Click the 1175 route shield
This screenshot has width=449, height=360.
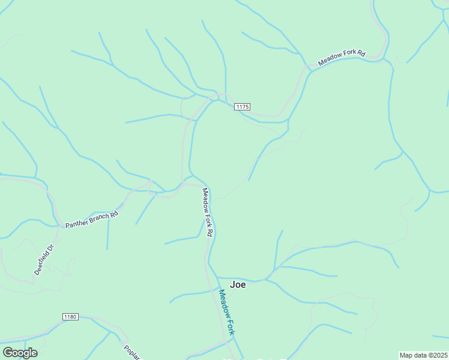(243, 107)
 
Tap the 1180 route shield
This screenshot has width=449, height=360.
(70, 316)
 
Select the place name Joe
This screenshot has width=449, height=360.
(238, 285)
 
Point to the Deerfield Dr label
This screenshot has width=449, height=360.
(44, 260)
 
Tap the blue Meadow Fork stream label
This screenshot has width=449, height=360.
(226, 312)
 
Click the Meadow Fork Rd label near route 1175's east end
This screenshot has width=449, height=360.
(342, 58)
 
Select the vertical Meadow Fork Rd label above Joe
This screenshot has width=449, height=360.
(208, 212)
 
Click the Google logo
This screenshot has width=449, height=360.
(20, 353)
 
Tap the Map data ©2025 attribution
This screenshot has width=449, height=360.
(423, 355)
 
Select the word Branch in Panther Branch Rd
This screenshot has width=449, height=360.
(100, 216)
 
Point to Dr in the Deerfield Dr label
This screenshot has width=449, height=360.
(52, 247)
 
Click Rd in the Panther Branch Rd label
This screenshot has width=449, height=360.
(115, 212)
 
